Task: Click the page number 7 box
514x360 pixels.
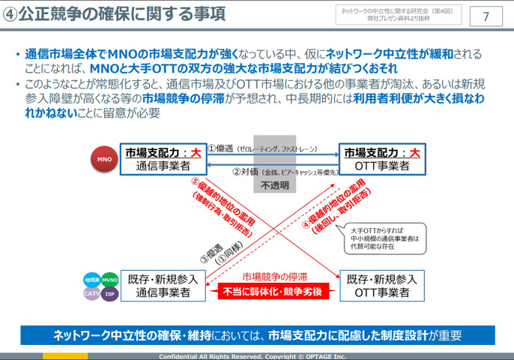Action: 486,16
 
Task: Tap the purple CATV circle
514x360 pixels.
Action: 92,293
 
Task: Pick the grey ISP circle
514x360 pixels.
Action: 109,293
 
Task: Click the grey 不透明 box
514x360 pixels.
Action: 273,163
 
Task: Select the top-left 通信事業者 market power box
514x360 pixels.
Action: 163,160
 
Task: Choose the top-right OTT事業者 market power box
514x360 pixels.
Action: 381,160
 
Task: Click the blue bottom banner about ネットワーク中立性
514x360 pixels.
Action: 257,335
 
